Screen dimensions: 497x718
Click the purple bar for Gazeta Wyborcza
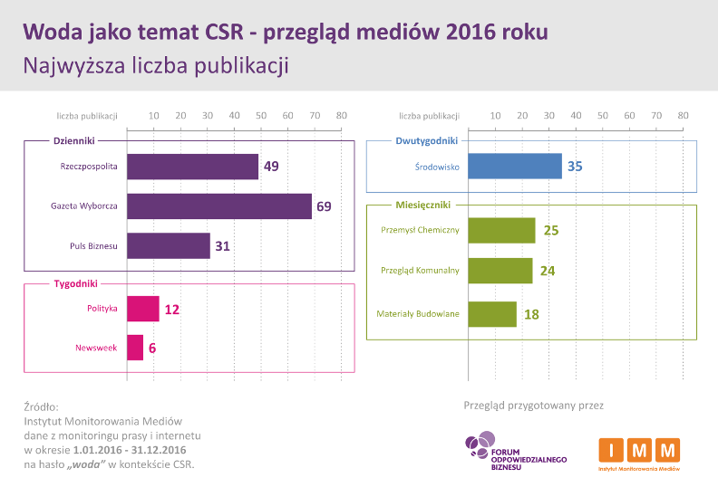pyautogui.click(x=218, y=206)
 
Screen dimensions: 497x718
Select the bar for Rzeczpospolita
pyautogui.click(x=192, y=167)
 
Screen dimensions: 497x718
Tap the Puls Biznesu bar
pyautogui.click(x=168, y=246)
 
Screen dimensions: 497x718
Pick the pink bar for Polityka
pyautogui.click(x=142, y=309)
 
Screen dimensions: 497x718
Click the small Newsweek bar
pyautogui.click(x=135, y=348)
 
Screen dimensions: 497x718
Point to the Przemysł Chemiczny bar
pyautogui.click(x=501, y=230)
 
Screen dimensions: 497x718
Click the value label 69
pyautogui.click(x=324, y=206)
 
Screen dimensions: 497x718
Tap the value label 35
pyautogui.click(x=575, y=167)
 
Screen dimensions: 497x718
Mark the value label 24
pyautogui.click(x=547, y=271)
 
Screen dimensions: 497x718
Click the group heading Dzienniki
pyautogui.click(x=74, y=140)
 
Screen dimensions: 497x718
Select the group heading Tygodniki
pyautogui.click(x=75, y=283)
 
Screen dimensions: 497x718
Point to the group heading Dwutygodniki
pyautogui.click(x=427, y=140)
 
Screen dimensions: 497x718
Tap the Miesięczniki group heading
pyautogui.click(x=426, y=205)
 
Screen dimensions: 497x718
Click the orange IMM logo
pyautogui.click(x=639, y=452)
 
